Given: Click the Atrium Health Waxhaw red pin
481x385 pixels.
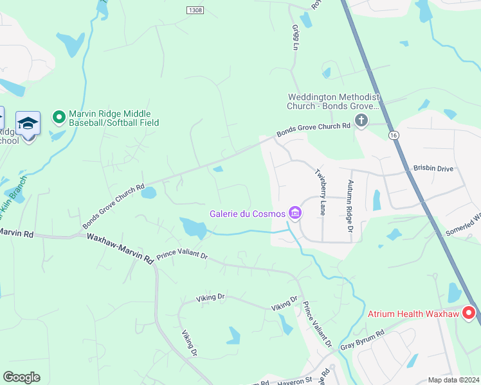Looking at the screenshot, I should (x=469, y=313).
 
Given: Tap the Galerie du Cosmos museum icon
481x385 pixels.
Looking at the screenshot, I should (x=295, y=213).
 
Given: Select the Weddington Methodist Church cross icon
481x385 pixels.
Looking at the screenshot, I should (x=361, y=120).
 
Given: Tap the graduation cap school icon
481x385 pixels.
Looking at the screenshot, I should (x=28, y=123).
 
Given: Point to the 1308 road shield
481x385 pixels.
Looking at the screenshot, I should (x=195, y=10).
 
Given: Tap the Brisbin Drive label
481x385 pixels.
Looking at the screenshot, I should (x=433, y=168).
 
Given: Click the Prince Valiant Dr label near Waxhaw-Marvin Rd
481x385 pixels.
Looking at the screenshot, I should (x=182, y=255).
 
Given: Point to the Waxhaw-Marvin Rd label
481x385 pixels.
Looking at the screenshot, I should (x=120, y=248).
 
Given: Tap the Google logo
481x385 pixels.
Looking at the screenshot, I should (x=21, y=377).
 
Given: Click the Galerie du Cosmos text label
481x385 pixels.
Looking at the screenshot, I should (x=248, y=214).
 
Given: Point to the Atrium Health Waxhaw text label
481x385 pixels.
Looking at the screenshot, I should (x=413, y=314).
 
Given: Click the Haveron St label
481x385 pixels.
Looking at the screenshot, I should (x=294, y=381).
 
